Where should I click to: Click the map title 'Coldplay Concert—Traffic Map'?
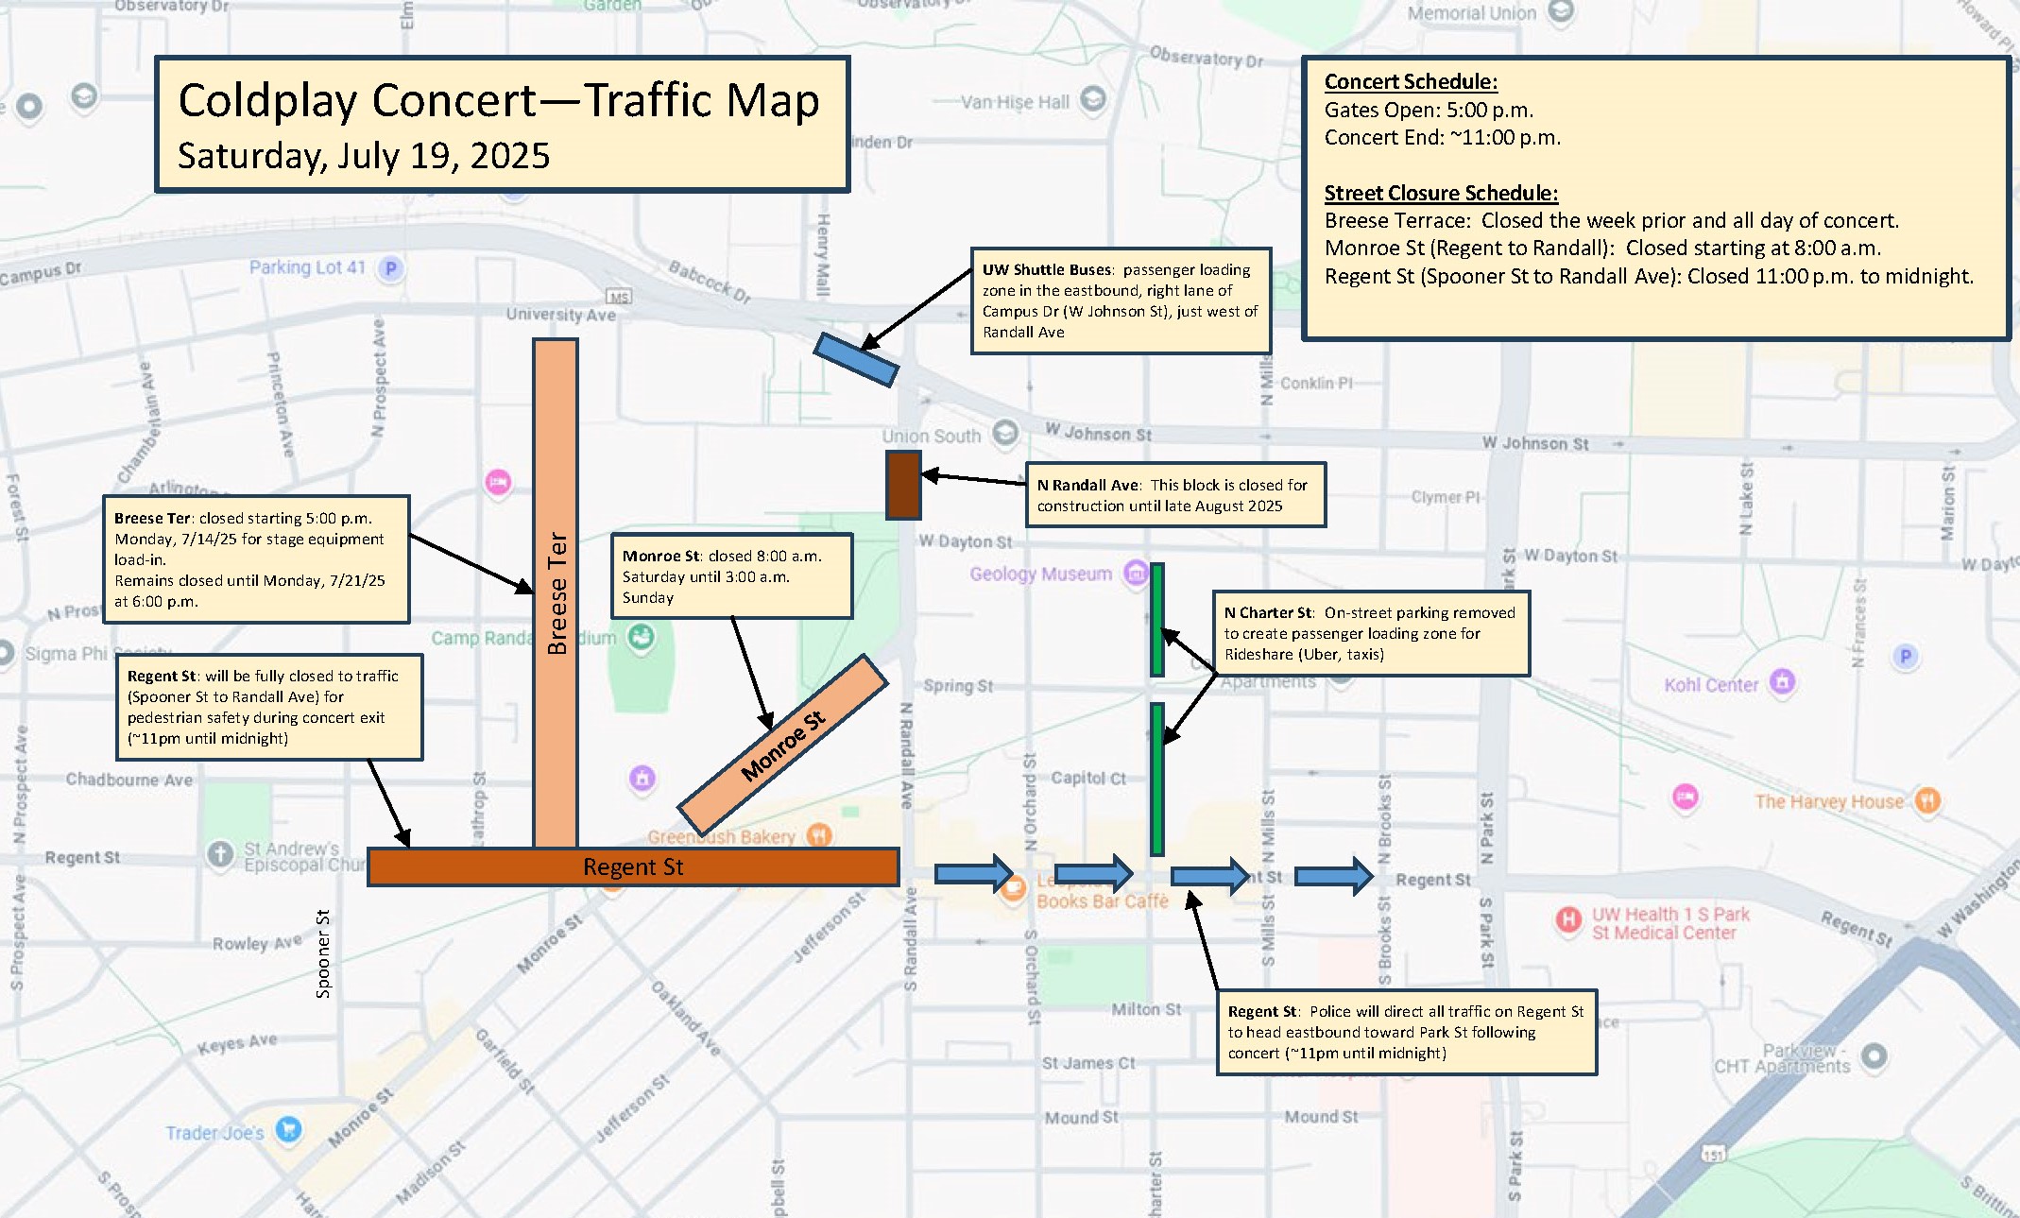pyautogui.click(x=498, y=100)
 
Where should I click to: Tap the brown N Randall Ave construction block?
pyautogui.click(x=903, y=485)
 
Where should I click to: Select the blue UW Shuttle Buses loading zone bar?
pyautogui.click(x=856, y=359)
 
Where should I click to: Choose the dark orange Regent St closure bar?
pyautogui.click(x=632, y=866)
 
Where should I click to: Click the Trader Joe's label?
pyautogui.click(x=214, y=1133)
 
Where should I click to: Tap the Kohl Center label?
pyautogui.click(x=1711, y=684)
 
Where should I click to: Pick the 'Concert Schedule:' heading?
pyautogui.click(x=1411, y=82)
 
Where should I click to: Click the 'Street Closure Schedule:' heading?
pyautogui.click(x=1441, y=193)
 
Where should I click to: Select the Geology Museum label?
pyautogui.click(x=1040, y=574)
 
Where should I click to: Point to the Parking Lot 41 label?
pyautogui.click(x=307, y=267)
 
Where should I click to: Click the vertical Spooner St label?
pyautogui.click(x=323, y=953)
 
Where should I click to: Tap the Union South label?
pyautogui.click(x=932, y=436)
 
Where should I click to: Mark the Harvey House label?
pyautogui.click(x=1829, y=801)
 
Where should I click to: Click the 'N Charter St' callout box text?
pyautogui.click(x=1370, y=633)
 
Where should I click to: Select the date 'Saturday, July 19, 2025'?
pyautogui.click(x=364, y=156)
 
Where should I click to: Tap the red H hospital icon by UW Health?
pyautogui.click(x=1568, y=919)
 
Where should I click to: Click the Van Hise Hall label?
pyautogui.click(x=1015, y=102)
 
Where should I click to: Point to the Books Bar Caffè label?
pyautogui.click(x=1103, y=901)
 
